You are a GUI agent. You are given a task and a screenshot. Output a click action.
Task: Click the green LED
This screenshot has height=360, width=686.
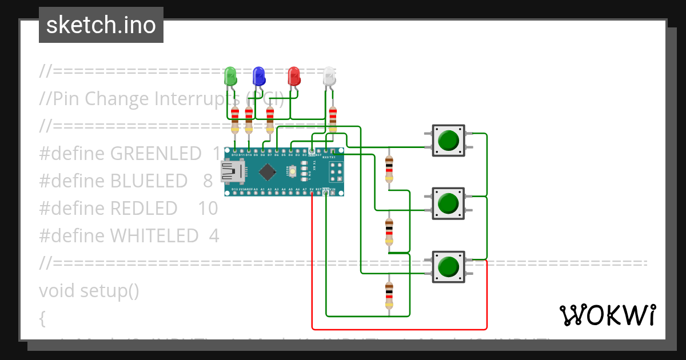(x=230, y=76)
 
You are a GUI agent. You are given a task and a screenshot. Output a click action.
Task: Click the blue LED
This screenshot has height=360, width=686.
(x=259, y=76)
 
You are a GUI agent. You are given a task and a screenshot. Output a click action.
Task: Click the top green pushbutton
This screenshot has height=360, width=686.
(x=448, y=140)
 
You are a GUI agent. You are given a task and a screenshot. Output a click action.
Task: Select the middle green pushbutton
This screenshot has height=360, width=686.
(x=448, y=203)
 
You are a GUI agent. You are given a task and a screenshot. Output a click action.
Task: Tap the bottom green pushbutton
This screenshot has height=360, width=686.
(x=448, y=266)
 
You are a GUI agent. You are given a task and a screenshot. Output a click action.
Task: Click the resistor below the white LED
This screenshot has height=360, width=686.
(x=333, y=119)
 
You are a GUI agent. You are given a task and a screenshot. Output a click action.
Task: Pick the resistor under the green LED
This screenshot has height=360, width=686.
(x=235, y=121)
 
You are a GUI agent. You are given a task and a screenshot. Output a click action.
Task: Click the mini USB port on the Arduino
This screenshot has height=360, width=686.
(x=231, y=170)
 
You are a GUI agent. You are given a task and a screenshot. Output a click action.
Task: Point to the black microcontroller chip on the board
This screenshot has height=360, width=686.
(x=267, y=171)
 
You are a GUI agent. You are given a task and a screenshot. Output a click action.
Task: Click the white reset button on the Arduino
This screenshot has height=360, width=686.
(x=292, y=171)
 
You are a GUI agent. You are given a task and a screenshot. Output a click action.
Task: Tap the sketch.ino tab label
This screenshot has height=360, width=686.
(x=101, y=25)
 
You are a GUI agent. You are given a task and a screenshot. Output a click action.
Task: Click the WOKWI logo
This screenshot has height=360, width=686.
(x=607, y=315)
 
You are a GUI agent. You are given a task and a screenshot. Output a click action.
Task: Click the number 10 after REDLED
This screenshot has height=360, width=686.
(x=208, y=208)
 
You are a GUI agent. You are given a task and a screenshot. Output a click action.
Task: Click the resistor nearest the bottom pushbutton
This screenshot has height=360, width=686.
(x=389, y=295)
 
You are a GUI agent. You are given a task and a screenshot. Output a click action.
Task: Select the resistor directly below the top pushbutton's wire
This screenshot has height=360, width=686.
(x=389, y=169)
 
